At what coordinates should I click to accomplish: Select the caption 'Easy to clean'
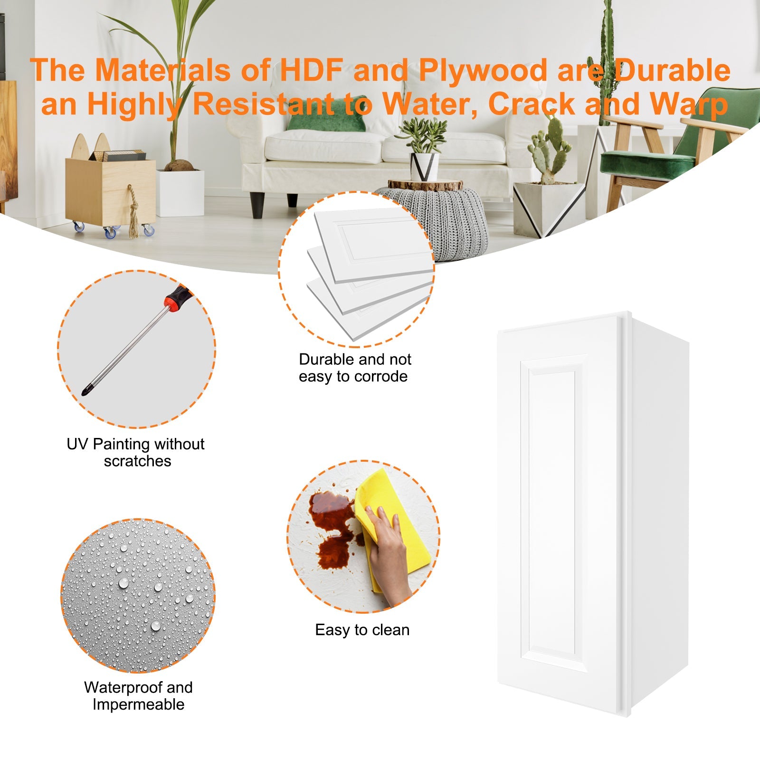[x=362, y=630]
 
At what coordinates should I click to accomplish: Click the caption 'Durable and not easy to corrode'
[x=355, y=368]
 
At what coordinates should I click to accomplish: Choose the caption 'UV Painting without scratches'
[x=136, y=453]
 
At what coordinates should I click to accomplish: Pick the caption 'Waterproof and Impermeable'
[x=138, y=696]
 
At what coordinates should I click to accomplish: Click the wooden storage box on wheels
[x=110, y=190]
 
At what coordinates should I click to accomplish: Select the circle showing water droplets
[x=138, y=596]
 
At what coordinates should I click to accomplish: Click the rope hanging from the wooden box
[x=133, y=211]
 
